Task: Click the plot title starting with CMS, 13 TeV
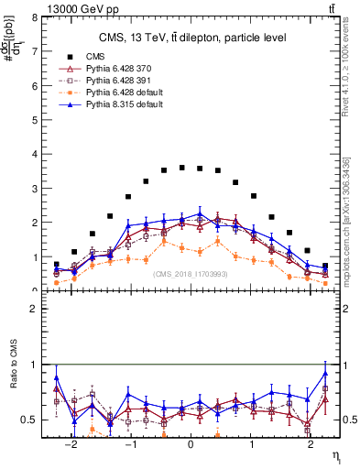coord(190,38)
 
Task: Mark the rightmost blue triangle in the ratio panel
coord(324,374)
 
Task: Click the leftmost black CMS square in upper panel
coord(57,265)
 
